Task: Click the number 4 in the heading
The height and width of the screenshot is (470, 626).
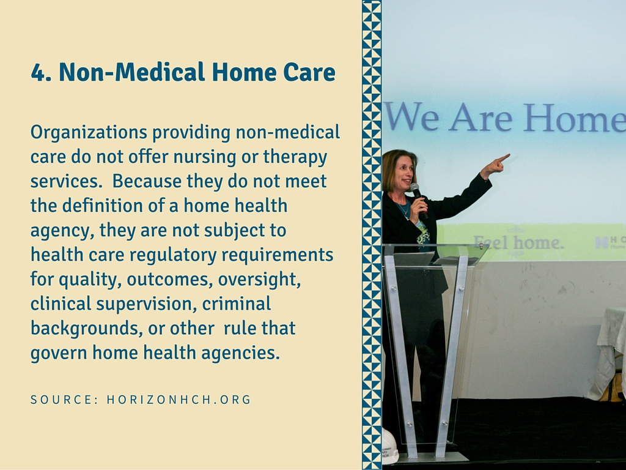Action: [39, 72]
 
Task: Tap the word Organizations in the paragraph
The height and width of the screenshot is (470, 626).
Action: [89, 133]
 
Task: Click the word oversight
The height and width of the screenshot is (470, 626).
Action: [259, 279]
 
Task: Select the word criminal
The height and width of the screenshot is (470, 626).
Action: [237, 304]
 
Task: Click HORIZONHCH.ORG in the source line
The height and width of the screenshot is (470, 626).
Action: [179, 399]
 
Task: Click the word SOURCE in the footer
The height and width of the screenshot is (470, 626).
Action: [64, 399]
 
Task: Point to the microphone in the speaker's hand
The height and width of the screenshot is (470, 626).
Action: [418, 200]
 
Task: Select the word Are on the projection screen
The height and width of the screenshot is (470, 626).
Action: [481, 117]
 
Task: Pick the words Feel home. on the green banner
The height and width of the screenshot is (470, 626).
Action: [518, 242]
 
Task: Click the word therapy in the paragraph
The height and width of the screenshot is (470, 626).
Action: [295, 157]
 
